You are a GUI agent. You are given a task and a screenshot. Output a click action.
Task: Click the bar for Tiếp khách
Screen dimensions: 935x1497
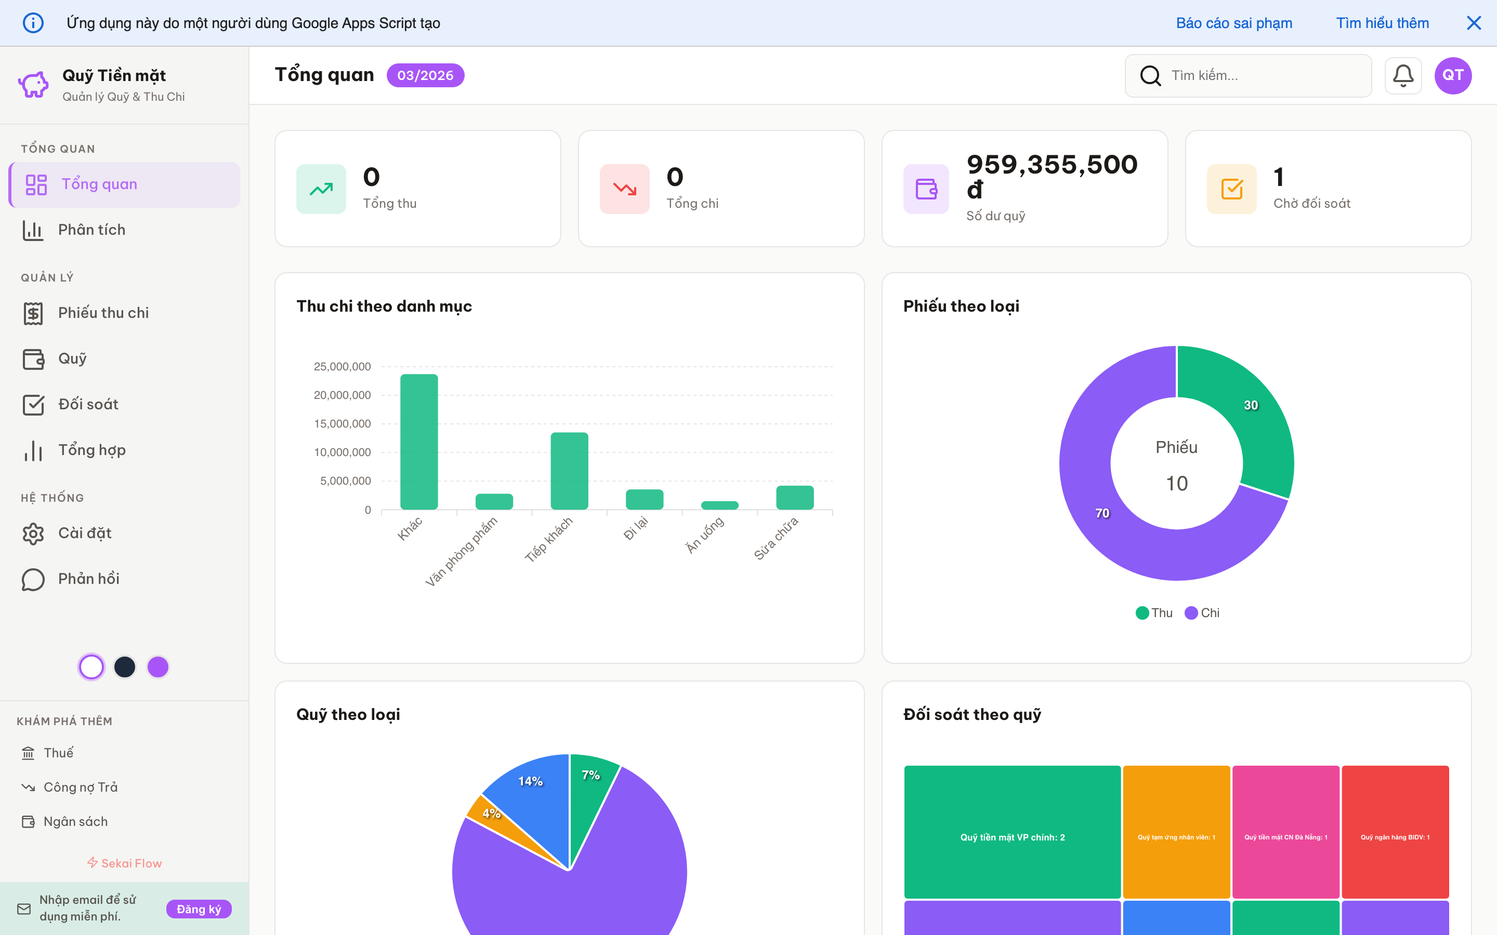coord(569,471)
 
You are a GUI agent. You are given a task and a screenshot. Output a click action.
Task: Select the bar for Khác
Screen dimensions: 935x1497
coord(419,442)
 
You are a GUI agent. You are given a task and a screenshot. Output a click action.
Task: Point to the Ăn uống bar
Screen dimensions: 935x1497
coord(719,505)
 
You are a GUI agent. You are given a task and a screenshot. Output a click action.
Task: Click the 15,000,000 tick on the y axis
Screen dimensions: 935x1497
coord(342,423)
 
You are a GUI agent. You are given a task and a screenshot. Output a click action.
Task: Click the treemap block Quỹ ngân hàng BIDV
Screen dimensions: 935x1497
coord(1395,832)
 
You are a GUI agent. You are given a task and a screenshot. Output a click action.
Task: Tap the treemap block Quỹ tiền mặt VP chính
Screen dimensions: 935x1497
coord(1012,832)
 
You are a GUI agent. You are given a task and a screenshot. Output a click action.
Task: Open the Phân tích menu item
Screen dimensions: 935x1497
coord(91,230)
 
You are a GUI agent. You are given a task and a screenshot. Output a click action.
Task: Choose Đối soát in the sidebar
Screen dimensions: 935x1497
coord(88,405)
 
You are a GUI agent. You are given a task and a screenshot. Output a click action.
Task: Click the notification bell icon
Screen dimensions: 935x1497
coord(1402,75)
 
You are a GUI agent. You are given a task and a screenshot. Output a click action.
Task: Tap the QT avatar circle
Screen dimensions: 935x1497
coord(1452,75)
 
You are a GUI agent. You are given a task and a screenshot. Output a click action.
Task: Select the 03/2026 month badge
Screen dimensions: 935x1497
coord(425,75)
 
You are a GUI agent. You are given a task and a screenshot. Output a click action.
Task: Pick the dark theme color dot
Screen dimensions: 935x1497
coord(125,666)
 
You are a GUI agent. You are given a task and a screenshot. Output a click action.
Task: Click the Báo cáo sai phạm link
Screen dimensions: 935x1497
coord(1233,23)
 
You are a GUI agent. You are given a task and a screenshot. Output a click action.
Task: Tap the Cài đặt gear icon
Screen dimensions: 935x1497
coord(33,533)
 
